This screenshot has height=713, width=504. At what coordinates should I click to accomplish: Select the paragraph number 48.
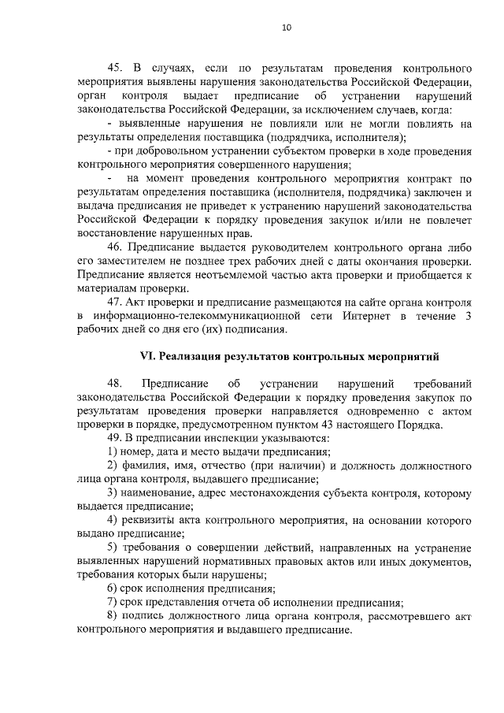point(116,384)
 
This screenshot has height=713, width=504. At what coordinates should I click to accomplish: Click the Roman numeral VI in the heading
point(147,355)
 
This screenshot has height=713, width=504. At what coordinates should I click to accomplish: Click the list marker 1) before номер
point(112,451)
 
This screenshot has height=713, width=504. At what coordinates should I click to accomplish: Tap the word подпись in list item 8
point(145,617)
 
